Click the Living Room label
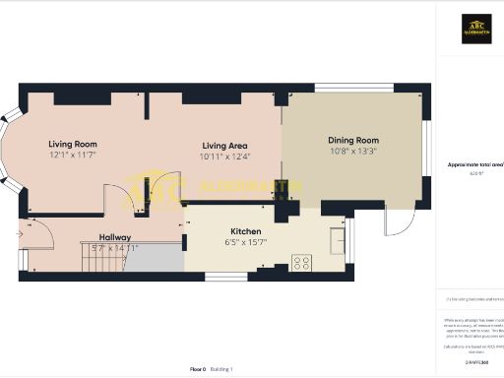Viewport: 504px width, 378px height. [73, 144]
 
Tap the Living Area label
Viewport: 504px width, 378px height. [225, 145]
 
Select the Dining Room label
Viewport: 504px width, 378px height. [352, 141]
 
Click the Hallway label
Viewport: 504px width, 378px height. [115, 237]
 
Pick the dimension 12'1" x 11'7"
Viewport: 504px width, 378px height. [73, 156]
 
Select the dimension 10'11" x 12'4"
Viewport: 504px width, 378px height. [225, 157]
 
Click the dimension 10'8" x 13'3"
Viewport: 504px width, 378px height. [352, 152]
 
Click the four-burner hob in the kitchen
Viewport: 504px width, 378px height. [301, 263]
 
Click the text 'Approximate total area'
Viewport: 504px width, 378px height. [474, 164]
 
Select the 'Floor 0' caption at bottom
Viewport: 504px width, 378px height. [197, 368]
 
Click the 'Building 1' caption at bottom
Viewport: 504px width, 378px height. [224, 368]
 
